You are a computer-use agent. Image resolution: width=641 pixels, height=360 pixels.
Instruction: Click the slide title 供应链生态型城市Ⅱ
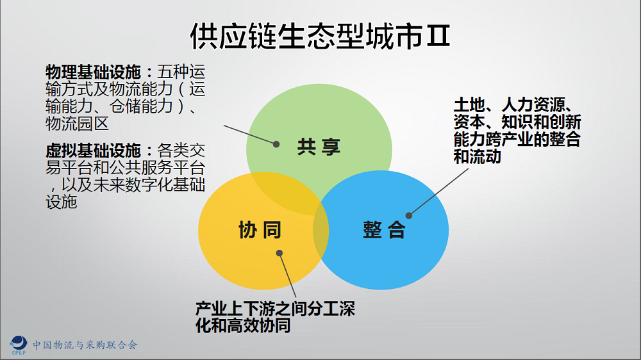320,36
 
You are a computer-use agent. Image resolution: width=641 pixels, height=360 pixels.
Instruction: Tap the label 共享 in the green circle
319,147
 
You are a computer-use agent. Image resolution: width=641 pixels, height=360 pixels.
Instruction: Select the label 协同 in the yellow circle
260,230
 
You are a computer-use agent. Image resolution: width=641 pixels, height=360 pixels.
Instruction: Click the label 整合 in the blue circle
384,230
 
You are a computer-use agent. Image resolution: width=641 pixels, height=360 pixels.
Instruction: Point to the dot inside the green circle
276,144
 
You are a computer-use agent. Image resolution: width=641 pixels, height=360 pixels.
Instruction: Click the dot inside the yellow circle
279,253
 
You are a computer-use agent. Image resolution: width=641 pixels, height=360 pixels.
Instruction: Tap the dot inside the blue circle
409,215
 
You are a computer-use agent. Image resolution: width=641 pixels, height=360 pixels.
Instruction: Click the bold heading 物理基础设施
93,72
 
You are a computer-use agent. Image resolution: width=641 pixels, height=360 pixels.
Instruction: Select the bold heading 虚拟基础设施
93,151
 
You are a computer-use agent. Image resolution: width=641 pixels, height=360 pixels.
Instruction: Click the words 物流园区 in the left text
78,124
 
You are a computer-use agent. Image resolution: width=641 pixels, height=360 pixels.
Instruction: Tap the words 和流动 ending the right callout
478,156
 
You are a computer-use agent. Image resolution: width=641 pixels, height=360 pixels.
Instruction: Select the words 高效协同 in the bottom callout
259,325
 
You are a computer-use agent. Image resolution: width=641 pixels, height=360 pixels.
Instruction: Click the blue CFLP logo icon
19,345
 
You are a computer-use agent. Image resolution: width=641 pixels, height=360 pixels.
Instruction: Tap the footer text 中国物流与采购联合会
85,345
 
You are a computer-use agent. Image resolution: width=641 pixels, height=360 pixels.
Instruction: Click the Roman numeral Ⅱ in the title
438,36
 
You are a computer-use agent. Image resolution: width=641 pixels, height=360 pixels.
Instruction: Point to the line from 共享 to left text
250,135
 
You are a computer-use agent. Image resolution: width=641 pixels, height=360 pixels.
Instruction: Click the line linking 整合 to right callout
438,192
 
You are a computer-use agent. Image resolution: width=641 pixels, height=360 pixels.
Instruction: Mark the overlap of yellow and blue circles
321,230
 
